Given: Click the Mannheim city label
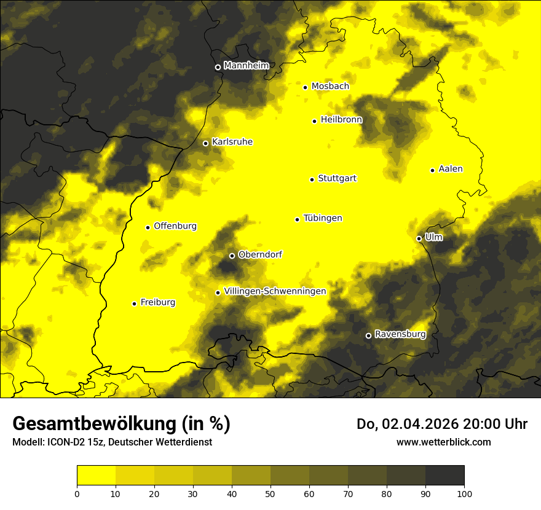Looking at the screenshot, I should [247, 66].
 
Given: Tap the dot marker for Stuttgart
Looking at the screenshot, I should [312, 179].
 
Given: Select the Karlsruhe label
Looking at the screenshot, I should [232, 142].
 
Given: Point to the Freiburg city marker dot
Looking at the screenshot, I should [134, 304].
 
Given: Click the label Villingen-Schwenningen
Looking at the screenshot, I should [275, 291].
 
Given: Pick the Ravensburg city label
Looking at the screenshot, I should [400, 334].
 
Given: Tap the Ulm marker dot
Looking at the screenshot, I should [419, 238].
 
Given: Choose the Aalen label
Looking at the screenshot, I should [451, 169].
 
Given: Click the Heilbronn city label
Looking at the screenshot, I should [341, 120].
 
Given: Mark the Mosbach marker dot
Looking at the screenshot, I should [305, 87].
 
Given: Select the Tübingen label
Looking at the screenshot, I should [323, 218].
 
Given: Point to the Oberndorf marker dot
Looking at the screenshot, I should [232, 256].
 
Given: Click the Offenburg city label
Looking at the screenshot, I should [175, 226].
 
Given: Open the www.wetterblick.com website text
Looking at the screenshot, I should [443, 442].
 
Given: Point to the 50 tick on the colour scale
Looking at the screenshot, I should [270, 493].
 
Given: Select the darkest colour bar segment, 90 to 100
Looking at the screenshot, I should [444, 475].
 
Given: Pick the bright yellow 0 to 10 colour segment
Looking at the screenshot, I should [96, 475].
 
